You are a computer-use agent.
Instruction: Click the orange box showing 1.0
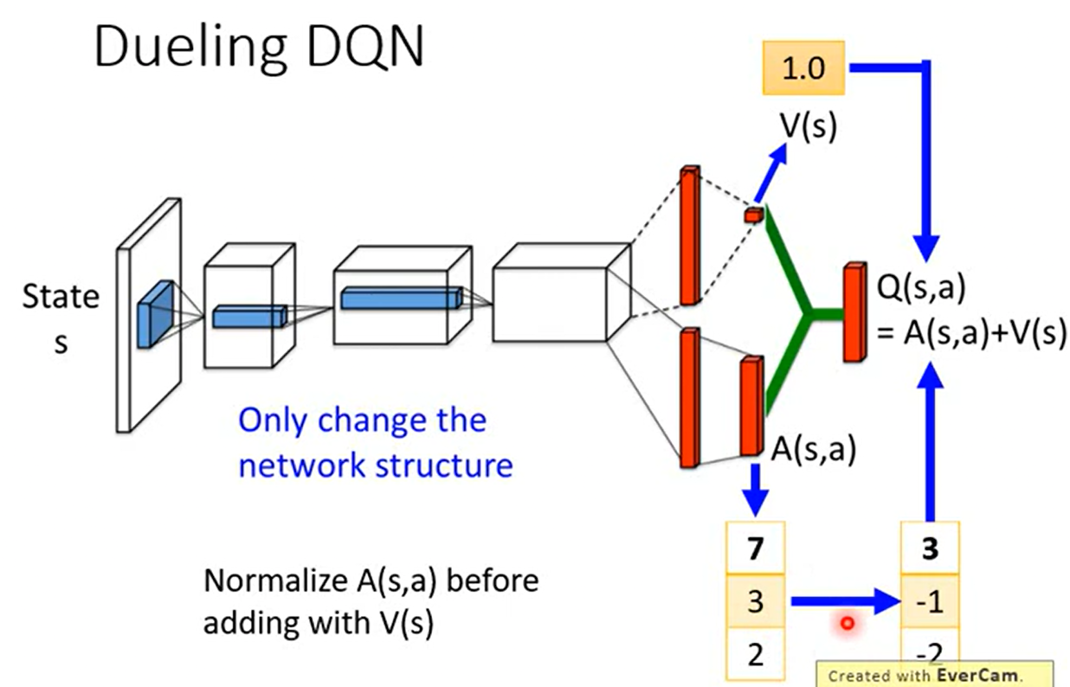[803, 67]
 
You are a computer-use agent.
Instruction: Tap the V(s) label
[809, 126]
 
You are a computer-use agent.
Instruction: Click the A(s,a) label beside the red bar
[814, 450]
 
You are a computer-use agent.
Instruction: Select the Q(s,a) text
[921, 288]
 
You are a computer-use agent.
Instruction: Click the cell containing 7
[755, 548]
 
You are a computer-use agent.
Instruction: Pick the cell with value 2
[755, 654]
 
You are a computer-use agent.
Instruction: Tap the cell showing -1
[930, 600]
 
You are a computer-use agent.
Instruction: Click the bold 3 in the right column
[930, 548]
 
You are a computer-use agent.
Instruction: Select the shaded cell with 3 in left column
[755, 600]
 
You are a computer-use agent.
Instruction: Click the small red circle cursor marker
[848, 623]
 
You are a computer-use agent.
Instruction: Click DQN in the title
[365, 46]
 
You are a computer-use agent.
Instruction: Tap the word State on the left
[61, 297]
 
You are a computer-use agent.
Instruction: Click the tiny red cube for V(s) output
[753, 215]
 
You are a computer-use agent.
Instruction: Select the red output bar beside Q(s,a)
[854, 311]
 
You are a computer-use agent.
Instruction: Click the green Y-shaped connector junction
[808, 313]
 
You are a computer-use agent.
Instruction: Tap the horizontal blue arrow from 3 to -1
[846, 601]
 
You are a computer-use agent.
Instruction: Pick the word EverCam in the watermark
[977, 675]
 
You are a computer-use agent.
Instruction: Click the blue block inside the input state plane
[155, 314]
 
